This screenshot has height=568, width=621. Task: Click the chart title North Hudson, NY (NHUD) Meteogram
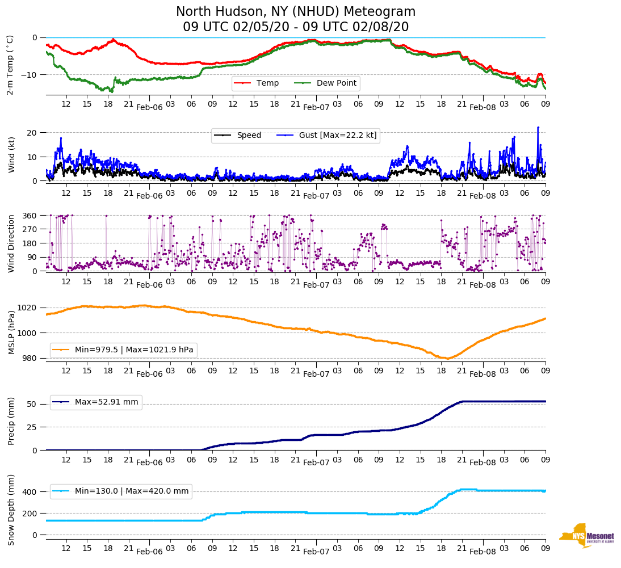click(x=296, y=12)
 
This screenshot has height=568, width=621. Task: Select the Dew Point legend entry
click(x=336, y=83)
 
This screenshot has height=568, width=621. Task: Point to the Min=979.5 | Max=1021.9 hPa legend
click(x=134, y=350)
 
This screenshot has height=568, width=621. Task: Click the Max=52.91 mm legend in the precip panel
click(x=106, y=402)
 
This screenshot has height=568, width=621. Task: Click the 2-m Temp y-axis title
click(x=10, y=65)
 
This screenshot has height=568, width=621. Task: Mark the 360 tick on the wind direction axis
click(x=30, y=216)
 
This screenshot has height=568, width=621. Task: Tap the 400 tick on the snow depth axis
click(x=30, y=491)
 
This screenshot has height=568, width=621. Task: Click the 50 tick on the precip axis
click(x=32, y=405)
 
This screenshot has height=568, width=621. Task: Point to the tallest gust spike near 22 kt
click(x=538, y=127)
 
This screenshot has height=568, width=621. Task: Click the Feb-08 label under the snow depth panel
click(x=483, y=552)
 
